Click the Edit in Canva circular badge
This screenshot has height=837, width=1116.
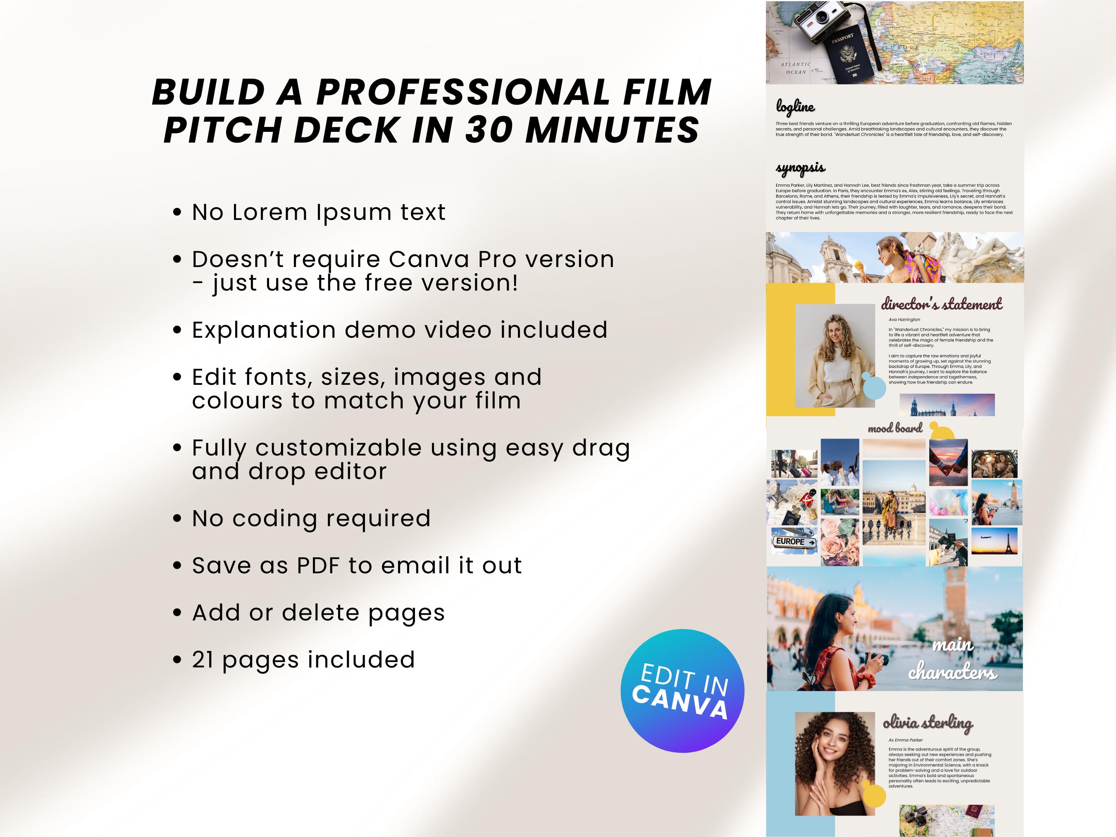tap(682, 691)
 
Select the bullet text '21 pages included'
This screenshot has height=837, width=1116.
tap(303, 659)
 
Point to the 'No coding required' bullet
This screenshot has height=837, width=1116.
tap(311, 518)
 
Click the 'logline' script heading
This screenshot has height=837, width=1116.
tap(795, 107)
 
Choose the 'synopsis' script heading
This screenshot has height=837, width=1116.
tap(800, 167)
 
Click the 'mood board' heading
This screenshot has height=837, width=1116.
tap(894, 428)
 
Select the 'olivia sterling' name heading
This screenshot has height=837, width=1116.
tap(927, 723)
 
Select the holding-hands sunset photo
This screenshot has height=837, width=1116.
tap(948, 462)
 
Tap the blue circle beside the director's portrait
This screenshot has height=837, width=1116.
tap(874, 387)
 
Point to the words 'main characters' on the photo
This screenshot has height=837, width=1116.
tap(953, 658)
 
